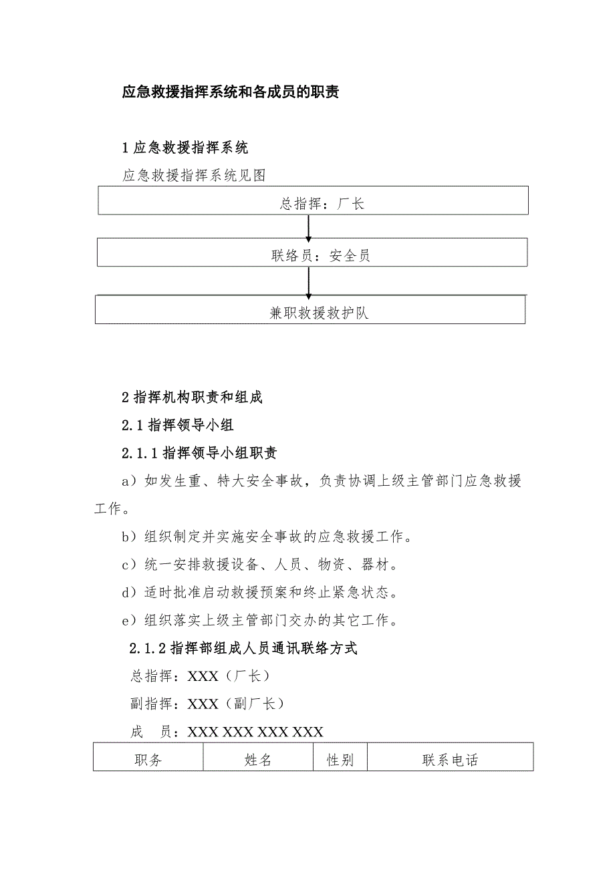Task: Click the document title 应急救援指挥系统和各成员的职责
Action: point(231,92)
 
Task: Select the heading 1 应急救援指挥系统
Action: point(185,148)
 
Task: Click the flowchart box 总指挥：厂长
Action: point(313,200)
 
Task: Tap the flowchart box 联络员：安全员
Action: point(312,253)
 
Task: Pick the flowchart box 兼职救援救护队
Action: point(310,310)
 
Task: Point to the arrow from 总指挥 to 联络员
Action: point(309,227)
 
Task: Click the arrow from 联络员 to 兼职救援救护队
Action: point(309,281)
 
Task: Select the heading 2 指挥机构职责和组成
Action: point(193,397)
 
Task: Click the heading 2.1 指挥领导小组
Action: point(178,425)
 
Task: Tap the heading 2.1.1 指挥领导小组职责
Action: point(199,453)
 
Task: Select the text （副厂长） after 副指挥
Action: point(253,704)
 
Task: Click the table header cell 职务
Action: point(148,760)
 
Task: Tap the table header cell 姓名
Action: point(258,760)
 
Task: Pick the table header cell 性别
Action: point(340,760)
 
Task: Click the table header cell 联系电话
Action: point(450,760)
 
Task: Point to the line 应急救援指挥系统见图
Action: point(195,175)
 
